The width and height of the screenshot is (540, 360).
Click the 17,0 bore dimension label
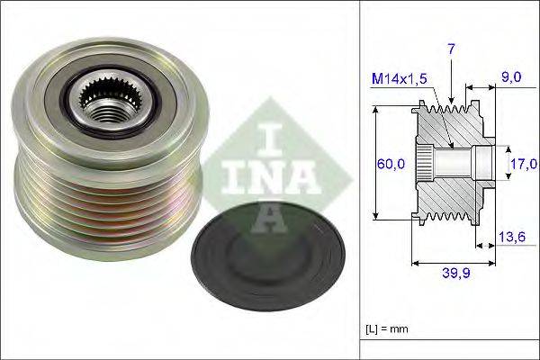click(523, 163)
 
